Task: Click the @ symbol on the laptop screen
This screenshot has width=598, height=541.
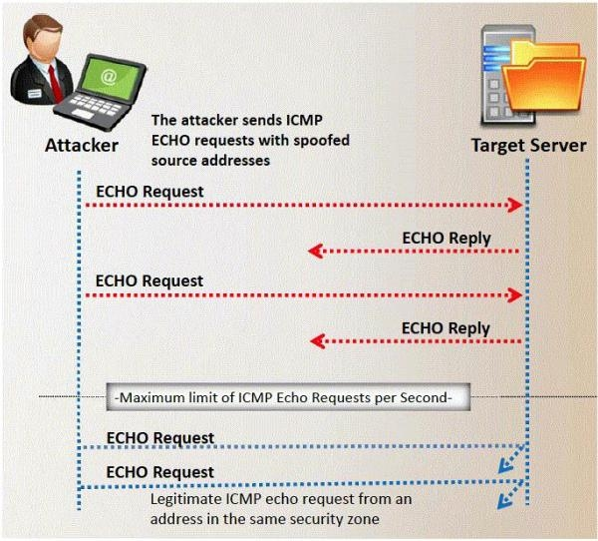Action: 109,76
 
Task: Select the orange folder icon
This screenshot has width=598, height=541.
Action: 546,75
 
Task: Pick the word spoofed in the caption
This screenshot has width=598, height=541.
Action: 321,141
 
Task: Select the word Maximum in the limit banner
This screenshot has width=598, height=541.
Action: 151,397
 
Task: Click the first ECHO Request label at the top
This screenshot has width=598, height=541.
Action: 149,190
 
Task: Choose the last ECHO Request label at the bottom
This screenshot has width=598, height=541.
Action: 159,472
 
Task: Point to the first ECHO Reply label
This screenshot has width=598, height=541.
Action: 446,238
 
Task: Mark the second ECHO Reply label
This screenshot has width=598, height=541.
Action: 446,327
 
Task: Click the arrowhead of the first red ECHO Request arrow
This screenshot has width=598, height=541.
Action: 515,205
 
